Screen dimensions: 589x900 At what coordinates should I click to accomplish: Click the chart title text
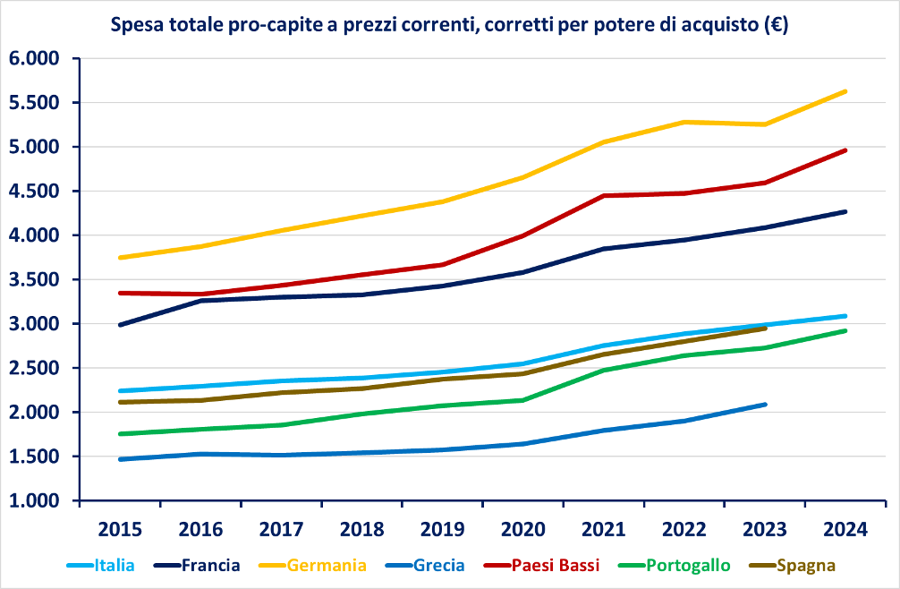click(x=448, y=26)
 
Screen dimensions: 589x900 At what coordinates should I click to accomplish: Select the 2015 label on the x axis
click(x=120, y=528)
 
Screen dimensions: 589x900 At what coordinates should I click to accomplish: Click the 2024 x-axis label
click(x=845, y=528)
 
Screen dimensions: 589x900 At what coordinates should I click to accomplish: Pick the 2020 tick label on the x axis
click(x=522, y=528)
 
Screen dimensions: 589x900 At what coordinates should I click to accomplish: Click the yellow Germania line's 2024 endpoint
click(x=845, y=91)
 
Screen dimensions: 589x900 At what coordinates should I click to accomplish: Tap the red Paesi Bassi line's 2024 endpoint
click(x=845, y=150)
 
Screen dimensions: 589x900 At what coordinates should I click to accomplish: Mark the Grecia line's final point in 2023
click(x=765, y=405)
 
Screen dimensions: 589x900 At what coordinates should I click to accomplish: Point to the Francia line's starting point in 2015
click(x=120, y=325)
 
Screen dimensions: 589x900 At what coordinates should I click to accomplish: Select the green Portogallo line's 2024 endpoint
click(x=845, y=331)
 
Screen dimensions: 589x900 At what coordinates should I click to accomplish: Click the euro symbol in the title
click(x=775, y=26)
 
